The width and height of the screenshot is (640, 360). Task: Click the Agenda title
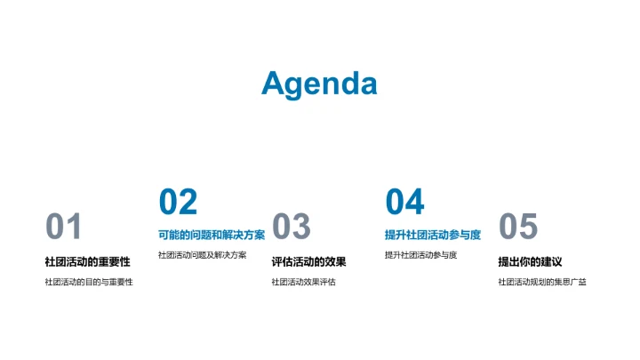tap(319, 84)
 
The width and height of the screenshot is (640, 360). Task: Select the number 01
tap(63, 228)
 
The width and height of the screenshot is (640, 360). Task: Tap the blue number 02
tap(178, 203)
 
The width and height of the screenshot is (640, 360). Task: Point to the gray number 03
tap(291, 228)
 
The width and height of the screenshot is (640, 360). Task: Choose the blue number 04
tap(404, 203)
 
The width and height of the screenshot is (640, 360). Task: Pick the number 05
tap(518, 228)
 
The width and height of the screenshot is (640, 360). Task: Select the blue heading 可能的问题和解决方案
tap(212, 235)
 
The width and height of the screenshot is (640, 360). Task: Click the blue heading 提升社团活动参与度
tap(433, 235)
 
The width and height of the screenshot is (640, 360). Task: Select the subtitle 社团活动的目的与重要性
tap(88, 283)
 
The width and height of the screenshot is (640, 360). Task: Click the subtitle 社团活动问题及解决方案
tap(202, 255)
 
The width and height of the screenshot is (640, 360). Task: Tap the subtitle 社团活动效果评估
tap(303, 283)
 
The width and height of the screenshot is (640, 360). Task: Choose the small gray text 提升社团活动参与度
tap(420, 255)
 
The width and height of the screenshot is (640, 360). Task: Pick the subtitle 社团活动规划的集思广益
tap(542, 283)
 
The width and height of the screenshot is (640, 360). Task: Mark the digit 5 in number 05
tap(528, 228)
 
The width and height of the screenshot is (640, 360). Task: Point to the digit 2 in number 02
tap(188, 203)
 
